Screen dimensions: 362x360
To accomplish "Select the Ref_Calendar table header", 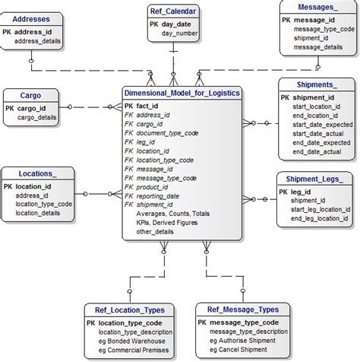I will [174, 11].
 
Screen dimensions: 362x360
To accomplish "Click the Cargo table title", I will [30, 96].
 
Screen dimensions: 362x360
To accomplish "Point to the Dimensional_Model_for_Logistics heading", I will [182, 92].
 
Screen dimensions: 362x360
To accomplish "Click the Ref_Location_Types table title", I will [128, 310].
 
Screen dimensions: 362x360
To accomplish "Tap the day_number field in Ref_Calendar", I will [179, 34].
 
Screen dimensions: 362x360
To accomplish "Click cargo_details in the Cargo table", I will [37, 118].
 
